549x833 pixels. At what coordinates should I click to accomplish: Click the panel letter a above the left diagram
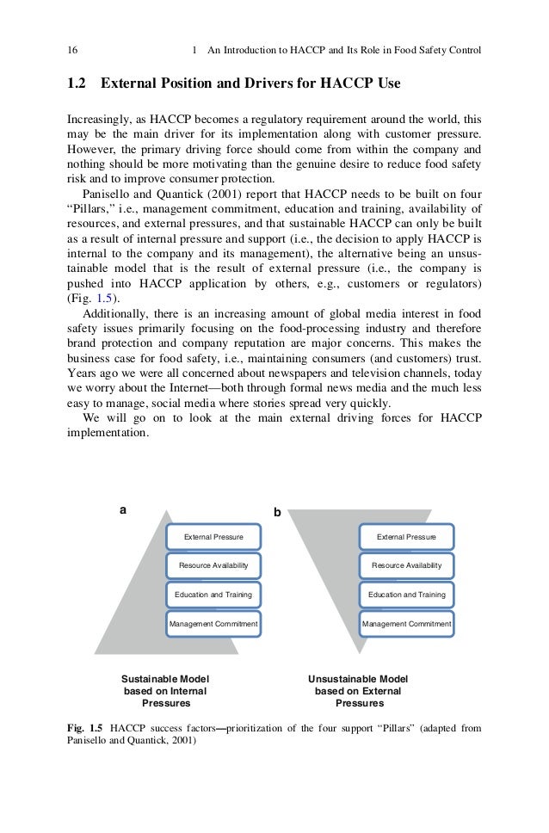coord(123,509)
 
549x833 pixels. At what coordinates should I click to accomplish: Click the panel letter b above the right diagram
coord(277,512)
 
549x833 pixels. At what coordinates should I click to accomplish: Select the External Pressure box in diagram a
coord(213,538)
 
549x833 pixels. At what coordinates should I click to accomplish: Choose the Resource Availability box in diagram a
coord(213,565)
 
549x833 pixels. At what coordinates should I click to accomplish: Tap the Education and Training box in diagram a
coord(213,595)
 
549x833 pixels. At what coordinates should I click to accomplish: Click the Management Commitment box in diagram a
coord(213,623)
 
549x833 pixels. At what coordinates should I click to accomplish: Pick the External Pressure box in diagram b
coord(406,538)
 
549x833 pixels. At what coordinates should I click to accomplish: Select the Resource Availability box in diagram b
coord(406,565)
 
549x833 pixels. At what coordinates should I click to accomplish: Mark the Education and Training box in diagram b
coord(406,595)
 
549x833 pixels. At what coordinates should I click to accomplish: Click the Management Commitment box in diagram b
coord(406,623)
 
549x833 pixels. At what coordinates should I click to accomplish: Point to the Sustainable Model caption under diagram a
coord(165,678)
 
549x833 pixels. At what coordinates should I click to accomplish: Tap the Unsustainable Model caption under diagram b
coord(358,678)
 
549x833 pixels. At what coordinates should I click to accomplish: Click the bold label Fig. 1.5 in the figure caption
coord(84,728)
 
